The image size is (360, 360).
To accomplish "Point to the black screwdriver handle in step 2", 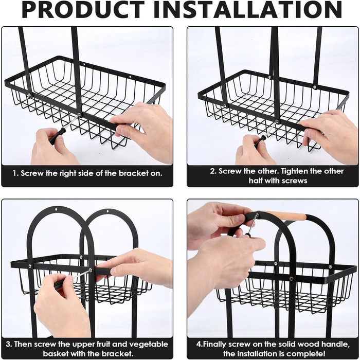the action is click(x=260, y=141).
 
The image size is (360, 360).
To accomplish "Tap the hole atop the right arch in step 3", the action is click(x=107, y=211).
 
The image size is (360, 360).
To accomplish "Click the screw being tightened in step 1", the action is click(x=79, y=114).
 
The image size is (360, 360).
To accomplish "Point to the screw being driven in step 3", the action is click(x=90, y=270).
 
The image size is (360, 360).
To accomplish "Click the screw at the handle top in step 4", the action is click(x=257, y=215).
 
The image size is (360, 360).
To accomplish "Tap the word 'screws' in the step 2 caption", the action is click(x=294, y=181).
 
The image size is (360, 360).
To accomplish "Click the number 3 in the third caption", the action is click(x=8, y=345).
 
